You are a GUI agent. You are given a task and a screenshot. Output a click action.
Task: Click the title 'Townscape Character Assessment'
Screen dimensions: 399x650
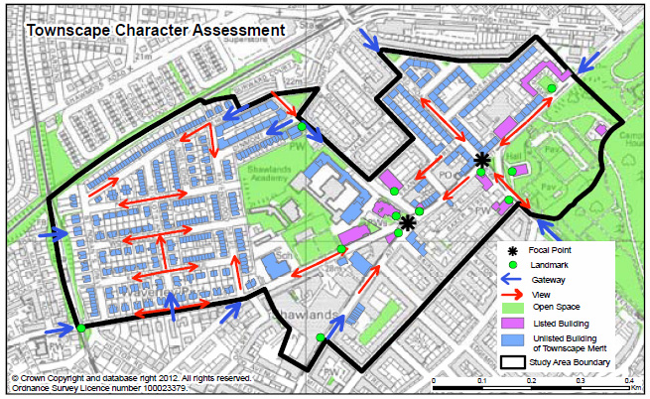point(155,30)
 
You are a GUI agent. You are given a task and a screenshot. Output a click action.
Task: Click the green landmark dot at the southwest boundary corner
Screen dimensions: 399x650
point(79,329)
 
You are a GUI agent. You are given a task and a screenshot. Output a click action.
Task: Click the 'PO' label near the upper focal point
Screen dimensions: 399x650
point(446,173)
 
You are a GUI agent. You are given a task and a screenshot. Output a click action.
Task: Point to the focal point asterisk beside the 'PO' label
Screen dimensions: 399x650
point(482,159)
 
